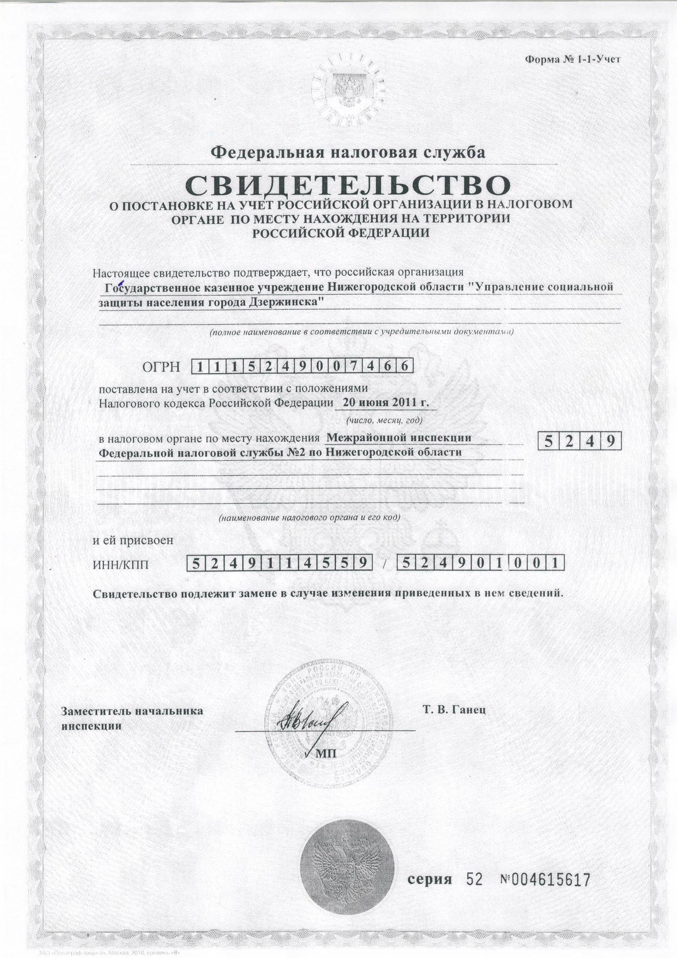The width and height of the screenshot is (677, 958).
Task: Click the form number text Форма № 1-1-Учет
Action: coord(572,60)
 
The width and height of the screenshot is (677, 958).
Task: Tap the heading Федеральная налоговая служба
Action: coord(348,152)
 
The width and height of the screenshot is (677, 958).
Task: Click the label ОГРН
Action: coord(161,367)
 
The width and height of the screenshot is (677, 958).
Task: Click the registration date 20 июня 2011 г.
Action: coord(386,402)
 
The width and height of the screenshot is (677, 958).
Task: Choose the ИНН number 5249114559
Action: coord(280,563)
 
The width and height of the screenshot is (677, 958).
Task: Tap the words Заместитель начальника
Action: coord(132,711)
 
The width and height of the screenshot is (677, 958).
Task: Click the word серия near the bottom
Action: coord(429,879)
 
